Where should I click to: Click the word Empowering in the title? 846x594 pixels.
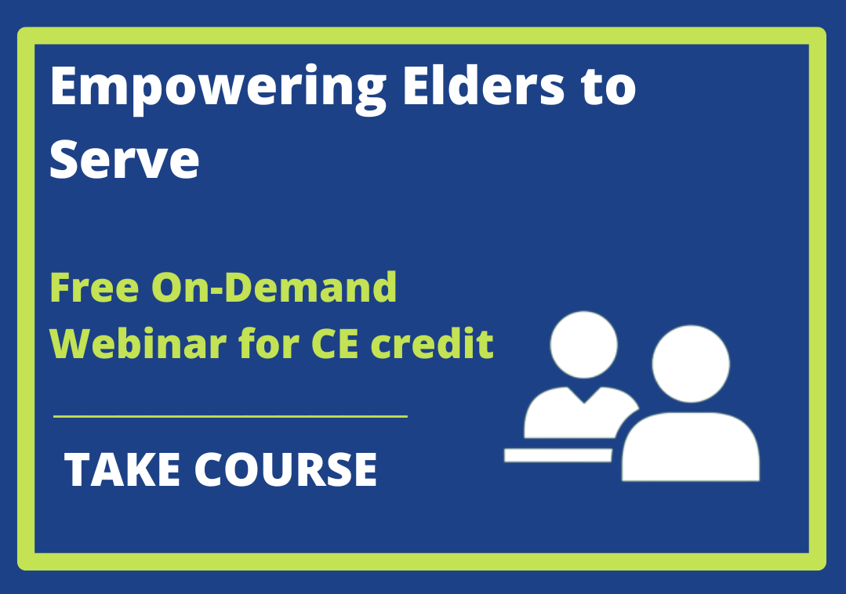(218, 89)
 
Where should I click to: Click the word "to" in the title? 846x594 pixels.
(609, 87)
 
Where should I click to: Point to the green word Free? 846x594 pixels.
(94, 287)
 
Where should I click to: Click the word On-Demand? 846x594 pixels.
(274, 287)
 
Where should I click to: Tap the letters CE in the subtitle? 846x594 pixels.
(335, 343)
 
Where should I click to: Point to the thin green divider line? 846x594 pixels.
(231, 416)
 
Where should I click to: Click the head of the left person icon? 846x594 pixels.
(584, 345)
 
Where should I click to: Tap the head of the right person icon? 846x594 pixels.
(691, 364)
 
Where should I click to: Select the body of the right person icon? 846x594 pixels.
(691, 447)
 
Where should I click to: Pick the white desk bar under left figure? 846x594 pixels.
(558, 455)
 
